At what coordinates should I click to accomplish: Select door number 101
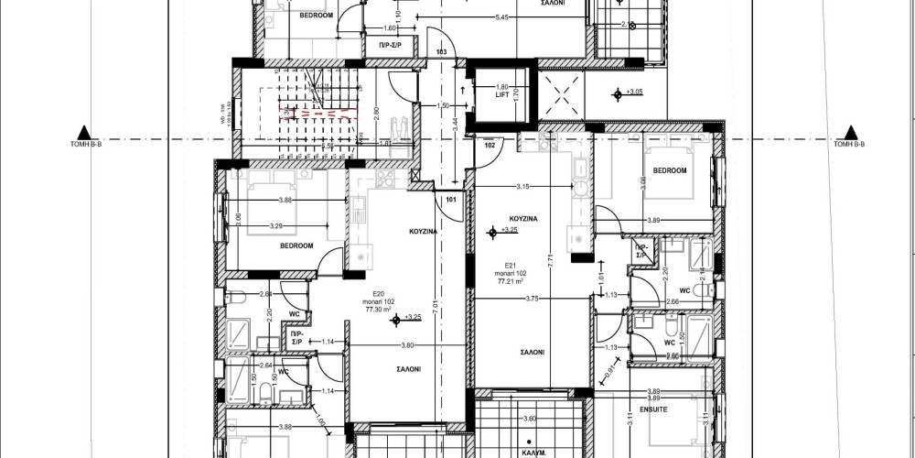(450, 198)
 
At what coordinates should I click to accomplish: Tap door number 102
(489, 145)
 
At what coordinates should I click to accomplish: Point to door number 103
(441, 52)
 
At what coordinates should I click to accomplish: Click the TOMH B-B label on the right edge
(849, 145)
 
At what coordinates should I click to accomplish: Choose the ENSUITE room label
(654, 409)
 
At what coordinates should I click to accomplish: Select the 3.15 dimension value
(523, 187)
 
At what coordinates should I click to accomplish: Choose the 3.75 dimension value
(529, 298)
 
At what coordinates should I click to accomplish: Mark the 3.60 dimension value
(528, 420)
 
